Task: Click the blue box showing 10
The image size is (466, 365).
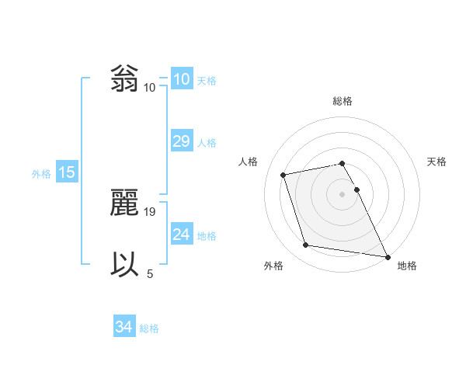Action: click(181, 79)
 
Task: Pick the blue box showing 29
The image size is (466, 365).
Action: click(181, 141)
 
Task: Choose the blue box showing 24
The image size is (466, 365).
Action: click(181, 235)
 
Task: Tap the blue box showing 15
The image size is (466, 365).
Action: click(67, 172)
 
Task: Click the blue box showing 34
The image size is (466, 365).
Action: click(123, 328)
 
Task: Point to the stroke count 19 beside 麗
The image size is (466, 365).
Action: click(151, 211)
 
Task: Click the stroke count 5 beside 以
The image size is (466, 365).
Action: click(150, 273)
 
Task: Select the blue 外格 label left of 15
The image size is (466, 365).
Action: click(41, 174)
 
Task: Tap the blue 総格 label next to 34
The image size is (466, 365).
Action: click(149, 328)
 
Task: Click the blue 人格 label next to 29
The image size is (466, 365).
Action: click(207, 143)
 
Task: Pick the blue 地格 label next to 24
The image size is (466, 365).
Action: click(207, 236)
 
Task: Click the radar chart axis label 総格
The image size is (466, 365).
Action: click(343, 101)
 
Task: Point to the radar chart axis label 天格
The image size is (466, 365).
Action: click(437, 162)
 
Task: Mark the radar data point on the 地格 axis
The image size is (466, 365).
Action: click(387, 255)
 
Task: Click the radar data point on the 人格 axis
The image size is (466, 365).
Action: click(283, 174)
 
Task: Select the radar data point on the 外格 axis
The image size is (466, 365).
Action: click(306, 245)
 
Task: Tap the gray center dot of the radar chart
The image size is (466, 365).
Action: click(343, 193)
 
